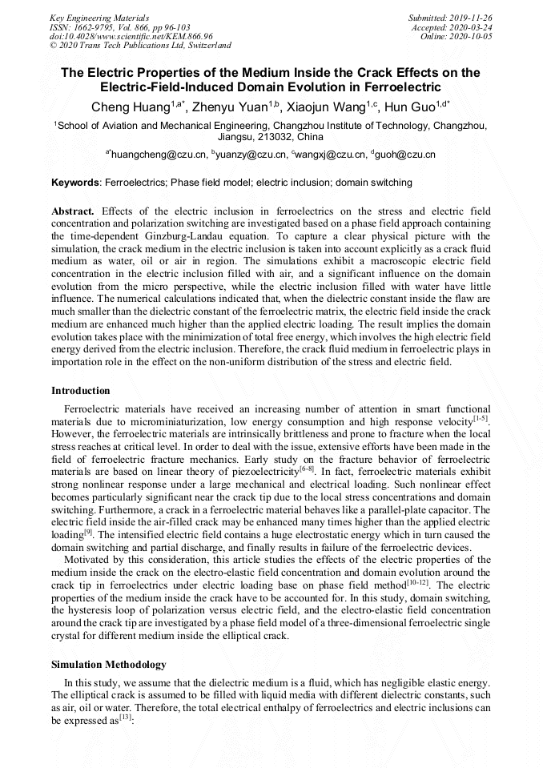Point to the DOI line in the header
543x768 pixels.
point(131,36)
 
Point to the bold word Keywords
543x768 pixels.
point(74,183)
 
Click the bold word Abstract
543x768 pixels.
point(72,211)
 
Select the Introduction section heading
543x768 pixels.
point(81,391)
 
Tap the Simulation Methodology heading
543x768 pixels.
point(109,665)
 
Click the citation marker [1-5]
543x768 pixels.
point(481,418)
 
